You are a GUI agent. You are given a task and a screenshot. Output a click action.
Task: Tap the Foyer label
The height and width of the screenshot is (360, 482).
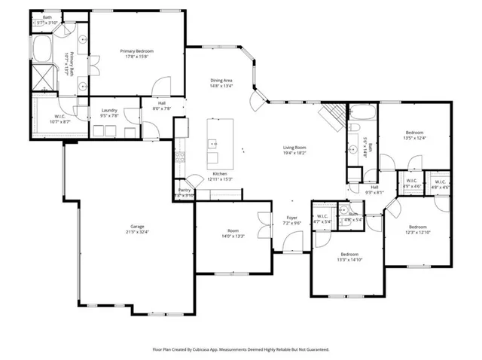tap(291, 218)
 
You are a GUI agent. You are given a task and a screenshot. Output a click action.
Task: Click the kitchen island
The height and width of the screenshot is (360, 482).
tap(213, 142)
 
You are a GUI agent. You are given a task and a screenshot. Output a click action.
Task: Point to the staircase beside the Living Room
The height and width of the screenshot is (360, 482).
tap(332, 117)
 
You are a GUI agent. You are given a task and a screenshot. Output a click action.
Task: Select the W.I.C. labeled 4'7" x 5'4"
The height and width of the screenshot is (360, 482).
tap(323, 222)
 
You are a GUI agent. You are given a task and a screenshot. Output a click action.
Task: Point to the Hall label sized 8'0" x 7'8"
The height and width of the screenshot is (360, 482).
tap(162, 108)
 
